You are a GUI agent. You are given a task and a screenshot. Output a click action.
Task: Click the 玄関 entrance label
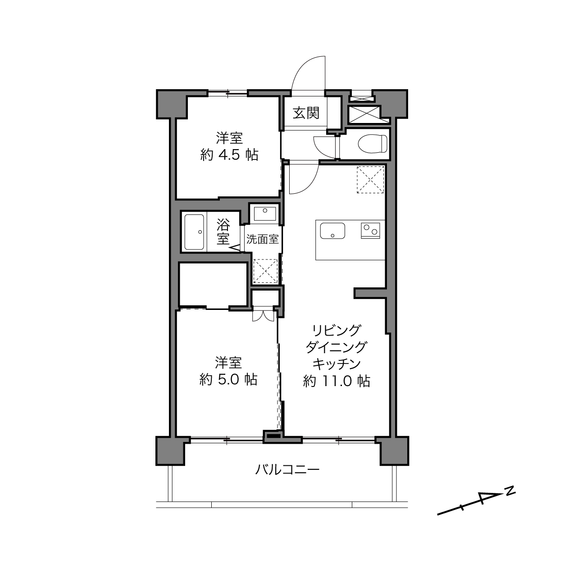(x=306, y=113)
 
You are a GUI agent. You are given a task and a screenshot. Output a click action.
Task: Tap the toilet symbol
(x=373, y=143)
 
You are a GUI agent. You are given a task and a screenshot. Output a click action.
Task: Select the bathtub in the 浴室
(x=194, y=232)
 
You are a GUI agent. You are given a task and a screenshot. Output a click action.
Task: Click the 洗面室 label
(x=262, y=239)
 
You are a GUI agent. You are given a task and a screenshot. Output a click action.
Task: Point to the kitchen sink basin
(x=332, y=231)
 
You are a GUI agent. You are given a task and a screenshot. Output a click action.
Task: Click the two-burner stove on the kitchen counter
(x=370, y=231)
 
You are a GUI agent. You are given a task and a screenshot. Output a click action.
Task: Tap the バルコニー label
(x=287, y=470)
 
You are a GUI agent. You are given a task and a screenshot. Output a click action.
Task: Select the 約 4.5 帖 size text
(x=229, y=155)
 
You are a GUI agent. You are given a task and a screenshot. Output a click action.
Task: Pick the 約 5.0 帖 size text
(x=228, y=380)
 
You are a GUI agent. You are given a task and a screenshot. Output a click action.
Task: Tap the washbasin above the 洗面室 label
(x=265, y=214)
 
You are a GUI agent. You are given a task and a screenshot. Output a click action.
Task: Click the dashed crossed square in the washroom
(x=265, y=271)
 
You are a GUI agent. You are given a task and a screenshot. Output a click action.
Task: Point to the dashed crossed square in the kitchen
(x=370, y=180)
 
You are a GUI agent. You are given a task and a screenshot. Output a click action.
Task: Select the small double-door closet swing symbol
(x=263, y=315)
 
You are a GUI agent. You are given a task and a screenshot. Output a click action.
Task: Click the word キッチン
(x=337, y=364)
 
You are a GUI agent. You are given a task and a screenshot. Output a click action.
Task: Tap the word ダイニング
(x=336, y=347)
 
